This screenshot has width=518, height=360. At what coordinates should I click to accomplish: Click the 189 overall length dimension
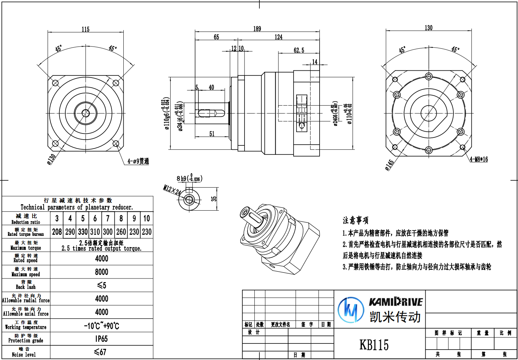click(x=257, y=29)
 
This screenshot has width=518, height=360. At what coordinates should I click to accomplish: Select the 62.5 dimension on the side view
click(x=299, y=51)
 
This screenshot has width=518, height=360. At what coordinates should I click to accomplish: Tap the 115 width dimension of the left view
click(x=85, y=30)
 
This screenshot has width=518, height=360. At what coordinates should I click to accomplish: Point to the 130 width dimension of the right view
click(x=429, y=28)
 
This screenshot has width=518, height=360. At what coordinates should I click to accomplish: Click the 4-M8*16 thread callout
click(x=479, y=159)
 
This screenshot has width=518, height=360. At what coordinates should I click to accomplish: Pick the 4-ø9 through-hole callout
click(x=138, y=161)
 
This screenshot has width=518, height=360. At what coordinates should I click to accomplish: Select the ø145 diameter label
click(x=389, y=165)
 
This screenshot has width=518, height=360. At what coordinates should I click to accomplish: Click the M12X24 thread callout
click(x=172, y=190)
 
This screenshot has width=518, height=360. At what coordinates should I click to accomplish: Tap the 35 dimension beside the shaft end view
click(x=214, y=199)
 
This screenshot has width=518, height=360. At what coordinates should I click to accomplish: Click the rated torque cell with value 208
click(x=57, y=232)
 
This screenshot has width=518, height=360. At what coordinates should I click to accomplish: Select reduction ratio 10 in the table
click(x=146, y=218)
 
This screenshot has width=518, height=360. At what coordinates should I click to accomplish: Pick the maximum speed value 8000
click(x=102, y=272)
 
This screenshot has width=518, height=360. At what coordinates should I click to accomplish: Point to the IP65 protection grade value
click(x=102, y=339)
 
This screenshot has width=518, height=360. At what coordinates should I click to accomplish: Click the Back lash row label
click(x=26, y=285)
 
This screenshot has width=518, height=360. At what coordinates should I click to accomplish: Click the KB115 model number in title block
click(x=374, y=345)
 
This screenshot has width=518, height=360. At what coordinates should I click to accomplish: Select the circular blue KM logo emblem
click(x=351, y=309)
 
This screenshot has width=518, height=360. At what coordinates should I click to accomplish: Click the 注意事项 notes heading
click(x=355, y=220)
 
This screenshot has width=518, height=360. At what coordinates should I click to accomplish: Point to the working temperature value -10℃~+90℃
click(x=102, y=326)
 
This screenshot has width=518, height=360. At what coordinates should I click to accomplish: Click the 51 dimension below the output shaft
click(x=212, y=134)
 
